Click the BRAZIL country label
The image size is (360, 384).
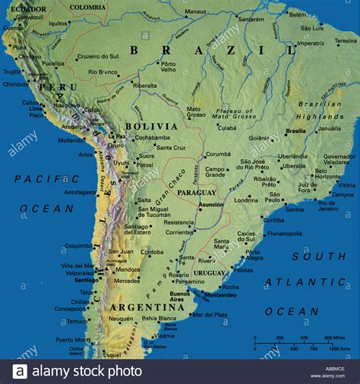[x=212, y=50]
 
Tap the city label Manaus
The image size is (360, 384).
[x=195, y=12]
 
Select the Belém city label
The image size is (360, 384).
[x=298, y=14]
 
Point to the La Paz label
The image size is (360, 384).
[x=118, y=137]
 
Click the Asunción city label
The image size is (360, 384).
[x=211, y=204]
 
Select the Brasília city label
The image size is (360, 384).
[x=295, y=131]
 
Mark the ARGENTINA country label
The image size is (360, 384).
[x=137, y=307]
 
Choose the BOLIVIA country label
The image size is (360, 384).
[x=146, y=126]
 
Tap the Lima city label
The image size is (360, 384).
[x=36, y=109]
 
